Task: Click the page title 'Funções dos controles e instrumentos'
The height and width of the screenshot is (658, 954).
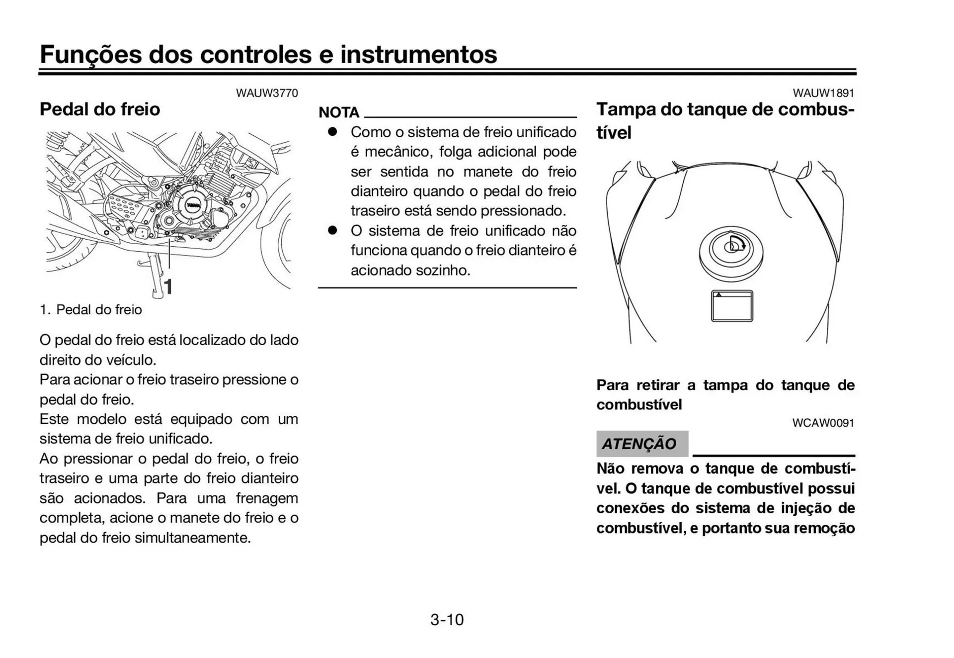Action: pyautogui.click(x=268, y=54)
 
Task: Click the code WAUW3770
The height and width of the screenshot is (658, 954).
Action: pyautogui.click(x=267, y=93)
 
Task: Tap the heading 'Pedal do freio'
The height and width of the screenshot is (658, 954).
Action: pyautogui.click(x=100, y=109)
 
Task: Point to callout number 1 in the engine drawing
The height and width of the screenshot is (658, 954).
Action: pyautogui.click(x=169, y=287)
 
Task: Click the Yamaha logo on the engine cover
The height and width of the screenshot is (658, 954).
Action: pyautogui.click(x=193, y=205)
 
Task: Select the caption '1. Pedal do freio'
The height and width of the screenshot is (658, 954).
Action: pyautogui.click(x=91, y=310)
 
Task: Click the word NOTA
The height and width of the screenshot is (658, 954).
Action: pyautogui.click(x=339, y=112)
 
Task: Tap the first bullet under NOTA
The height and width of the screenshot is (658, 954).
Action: pyautogui.click(x=332, y=132)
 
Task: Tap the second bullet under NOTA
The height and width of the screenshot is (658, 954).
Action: pyautogui.click(x=332, y=230)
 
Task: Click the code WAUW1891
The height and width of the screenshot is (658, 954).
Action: pyautogui.click(x=823, y=93)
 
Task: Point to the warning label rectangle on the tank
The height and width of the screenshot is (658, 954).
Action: pyautogui.click(x=732, y=306)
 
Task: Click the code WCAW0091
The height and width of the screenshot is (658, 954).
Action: pyautogui.click(x=823, y=423)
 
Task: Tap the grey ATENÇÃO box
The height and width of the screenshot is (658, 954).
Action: pyautogui.click(x=642, y=444)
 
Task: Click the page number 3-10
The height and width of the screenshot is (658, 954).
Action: pyautogui.click(x=447, y=620)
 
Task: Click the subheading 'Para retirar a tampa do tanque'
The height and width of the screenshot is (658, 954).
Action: pyautogui.click(x=725, y=385)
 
